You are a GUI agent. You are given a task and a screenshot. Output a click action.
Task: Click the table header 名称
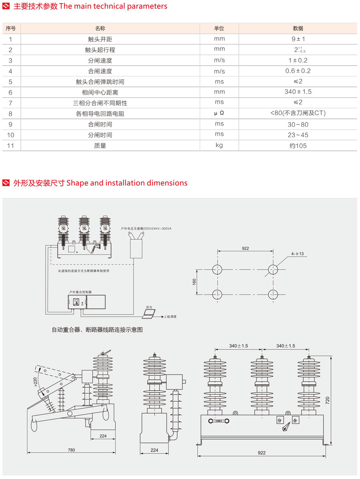coord(100,28)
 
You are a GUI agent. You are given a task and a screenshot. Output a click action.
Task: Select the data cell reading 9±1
coord(298,39)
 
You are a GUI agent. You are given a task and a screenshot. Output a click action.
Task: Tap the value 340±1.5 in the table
coord(298,92)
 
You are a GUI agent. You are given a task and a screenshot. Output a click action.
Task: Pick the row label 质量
coord(100,146)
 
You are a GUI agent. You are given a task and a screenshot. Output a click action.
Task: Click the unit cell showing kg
coord(219,145)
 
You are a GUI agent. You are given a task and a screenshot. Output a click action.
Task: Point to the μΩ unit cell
coord(219,113)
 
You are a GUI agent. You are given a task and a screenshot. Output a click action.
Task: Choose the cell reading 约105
coord(298,146)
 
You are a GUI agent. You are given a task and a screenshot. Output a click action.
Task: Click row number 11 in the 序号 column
coord(11,146)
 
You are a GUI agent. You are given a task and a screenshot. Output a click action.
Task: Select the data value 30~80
coord(298,124)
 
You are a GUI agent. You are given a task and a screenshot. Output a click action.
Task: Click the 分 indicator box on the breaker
coord(280,420)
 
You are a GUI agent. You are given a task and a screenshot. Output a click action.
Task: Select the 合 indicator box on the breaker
coord(295,420)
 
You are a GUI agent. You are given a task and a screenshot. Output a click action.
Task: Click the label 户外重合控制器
coord(80,292)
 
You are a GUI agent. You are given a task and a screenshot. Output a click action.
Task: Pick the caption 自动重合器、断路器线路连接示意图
coord(97,330)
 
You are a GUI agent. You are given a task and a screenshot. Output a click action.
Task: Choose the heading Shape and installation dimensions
coord(127,183)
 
